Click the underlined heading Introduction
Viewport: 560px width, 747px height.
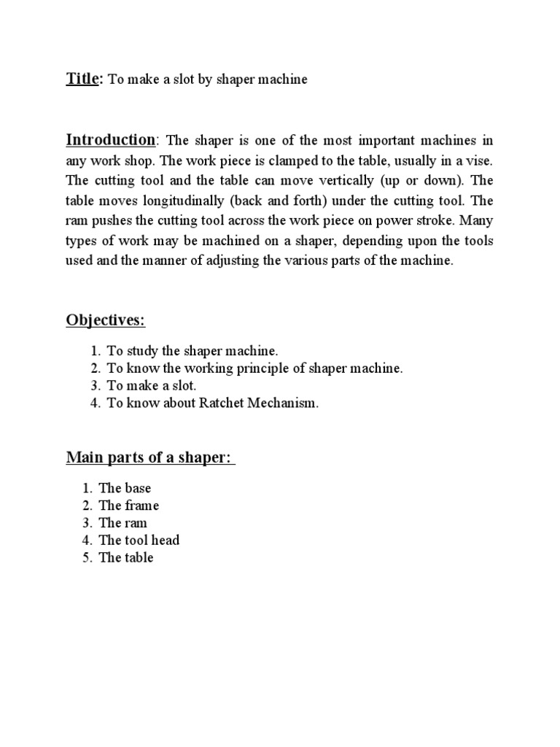coord(111,139)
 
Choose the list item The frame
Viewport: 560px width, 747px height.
coord(128,506)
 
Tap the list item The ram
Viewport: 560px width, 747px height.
coord(123,523)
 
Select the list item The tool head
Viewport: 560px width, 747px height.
coord(139,541)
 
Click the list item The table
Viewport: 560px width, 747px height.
coord(126,558)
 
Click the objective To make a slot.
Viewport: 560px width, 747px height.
coord(152,387)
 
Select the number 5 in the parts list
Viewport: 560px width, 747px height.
coord(86,558)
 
